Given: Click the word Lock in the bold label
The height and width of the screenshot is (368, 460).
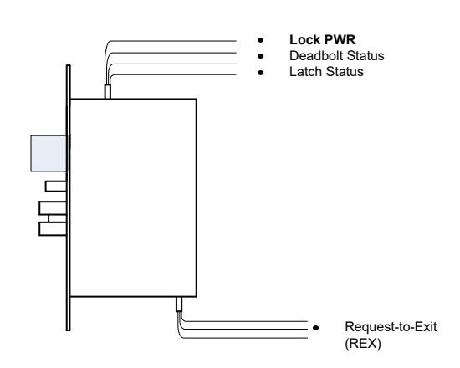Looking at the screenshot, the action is coord(303,40).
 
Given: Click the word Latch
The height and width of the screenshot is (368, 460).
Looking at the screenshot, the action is coord(305,72).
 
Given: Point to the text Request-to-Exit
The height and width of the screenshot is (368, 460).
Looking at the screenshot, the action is coord(391,327).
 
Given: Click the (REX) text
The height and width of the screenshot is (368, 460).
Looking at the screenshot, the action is coord(363,344).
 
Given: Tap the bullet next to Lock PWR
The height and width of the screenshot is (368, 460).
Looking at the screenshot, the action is coord(260,40).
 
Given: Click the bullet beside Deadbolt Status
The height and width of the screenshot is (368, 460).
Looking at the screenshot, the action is coord(260,56).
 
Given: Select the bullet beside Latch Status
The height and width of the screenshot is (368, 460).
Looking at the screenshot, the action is coord(260,72).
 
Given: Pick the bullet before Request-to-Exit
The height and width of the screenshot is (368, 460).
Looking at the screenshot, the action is coord(315,328).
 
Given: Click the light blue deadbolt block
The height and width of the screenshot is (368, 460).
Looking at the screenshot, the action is coord(49,153).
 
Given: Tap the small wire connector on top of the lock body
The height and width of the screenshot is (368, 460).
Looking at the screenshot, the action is coord(108,91).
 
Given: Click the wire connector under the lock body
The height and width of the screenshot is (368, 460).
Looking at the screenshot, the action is coord(179,304).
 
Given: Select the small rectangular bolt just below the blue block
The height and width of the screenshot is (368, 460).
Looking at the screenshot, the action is coord(56,187).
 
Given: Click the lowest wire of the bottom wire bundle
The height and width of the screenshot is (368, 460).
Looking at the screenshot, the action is coord(243,338).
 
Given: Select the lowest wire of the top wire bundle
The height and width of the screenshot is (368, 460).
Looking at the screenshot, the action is coord(173,74).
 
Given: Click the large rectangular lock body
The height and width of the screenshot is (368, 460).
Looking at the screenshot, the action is coord(134,197).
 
